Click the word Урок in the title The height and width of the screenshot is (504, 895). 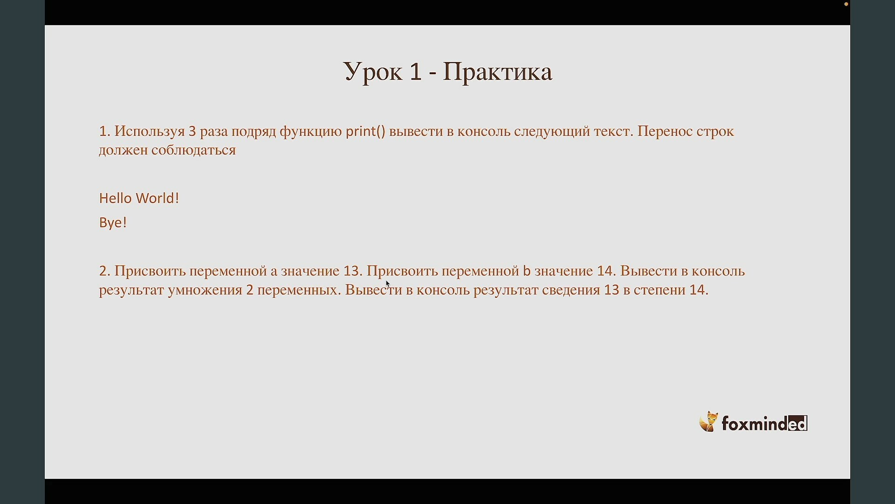373,72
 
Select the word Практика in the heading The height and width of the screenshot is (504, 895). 497,72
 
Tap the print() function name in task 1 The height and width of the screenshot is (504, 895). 366,132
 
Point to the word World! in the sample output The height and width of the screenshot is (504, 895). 158,198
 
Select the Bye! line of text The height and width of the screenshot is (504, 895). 113,223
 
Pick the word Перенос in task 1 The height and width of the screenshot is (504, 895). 665,131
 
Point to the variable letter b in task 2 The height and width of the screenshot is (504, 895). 527,271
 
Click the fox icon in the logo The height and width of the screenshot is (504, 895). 709,422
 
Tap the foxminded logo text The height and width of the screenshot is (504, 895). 764,423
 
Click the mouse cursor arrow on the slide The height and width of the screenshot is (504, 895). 387,283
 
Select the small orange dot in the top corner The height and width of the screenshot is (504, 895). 846,4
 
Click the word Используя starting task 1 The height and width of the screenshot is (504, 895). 150,132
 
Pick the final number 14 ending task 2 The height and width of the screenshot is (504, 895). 697,290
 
